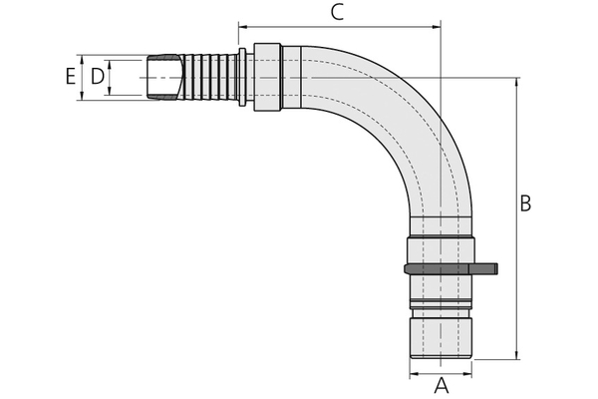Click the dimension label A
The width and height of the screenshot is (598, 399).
point(442,385)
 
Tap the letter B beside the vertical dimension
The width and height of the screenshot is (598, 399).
point(525,203)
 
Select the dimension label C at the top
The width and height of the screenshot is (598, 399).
point(337,13)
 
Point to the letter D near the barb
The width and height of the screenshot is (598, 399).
point(97,76)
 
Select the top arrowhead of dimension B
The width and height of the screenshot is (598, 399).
point(516,81)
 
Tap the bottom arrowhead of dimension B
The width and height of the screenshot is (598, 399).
point(516,354)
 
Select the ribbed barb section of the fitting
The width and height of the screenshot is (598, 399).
point(210,77)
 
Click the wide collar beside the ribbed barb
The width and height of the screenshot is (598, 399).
point(270,77)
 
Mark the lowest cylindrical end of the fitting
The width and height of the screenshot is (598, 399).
point(441,336)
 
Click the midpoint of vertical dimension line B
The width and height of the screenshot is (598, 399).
point(516,217)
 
